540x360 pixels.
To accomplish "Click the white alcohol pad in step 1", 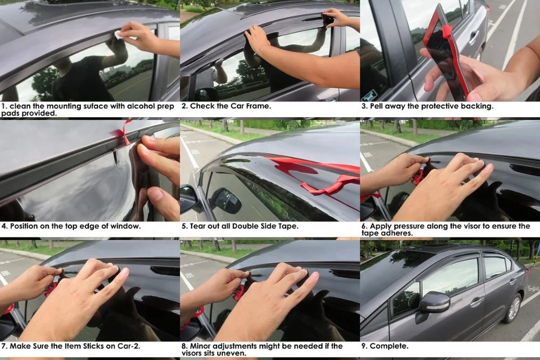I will (118, 35).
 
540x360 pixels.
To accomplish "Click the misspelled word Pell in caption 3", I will (379, 106).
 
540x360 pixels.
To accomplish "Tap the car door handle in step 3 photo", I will (474, 37).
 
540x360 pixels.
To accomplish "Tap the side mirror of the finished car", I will (434, 304).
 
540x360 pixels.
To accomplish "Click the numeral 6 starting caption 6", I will (364, 226).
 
